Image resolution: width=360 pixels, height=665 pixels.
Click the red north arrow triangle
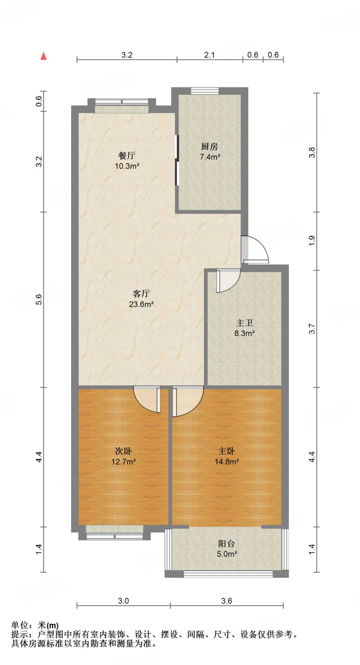pos(43,56)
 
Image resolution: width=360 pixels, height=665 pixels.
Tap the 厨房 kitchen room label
pos(209,147)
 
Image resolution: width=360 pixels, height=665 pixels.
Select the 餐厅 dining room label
pos(127,156)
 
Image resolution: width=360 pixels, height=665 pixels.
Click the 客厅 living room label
pos(141,294)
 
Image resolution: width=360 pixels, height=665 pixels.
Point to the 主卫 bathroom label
pos(244,323)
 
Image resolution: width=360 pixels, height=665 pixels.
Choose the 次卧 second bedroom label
pos(123,451)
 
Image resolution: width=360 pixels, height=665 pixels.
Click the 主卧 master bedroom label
pos(227,451)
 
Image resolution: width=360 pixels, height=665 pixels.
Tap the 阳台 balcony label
pos(227,544)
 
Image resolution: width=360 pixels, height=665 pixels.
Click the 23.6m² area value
pos(141,304)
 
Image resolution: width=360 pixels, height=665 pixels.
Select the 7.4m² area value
pos(210,157)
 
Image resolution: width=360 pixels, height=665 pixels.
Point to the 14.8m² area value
pos(227,461)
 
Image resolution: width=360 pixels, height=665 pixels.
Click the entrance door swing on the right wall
pos(255,249)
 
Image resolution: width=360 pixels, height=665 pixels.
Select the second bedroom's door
pos(148,399)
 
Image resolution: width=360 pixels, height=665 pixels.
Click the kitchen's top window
pos(205,91)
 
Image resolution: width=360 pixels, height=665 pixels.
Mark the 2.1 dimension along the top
pos(209,55)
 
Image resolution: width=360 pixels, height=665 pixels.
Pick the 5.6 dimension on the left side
pos(39,299)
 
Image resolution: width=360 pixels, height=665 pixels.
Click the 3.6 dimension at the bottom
pos(227,601)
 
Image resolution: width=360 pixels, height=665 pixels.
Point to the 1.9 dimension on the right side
pos(312,240)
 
